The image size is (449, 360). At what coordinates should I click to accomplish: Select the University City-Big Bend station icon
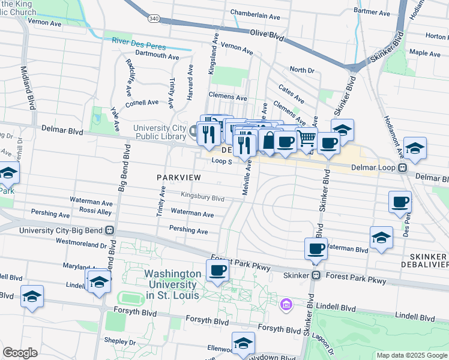[109, 230]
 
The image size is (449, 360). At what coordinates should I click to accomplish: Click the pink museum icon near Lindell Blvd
[286, 305]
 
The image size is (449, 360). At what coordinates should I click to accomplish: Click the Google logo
[20, 353]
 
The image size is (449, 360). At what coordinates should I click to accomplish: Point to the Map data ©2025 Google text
[411, 355]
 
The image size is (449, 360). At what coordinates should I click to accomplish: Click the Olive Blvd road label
[266, 35]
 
